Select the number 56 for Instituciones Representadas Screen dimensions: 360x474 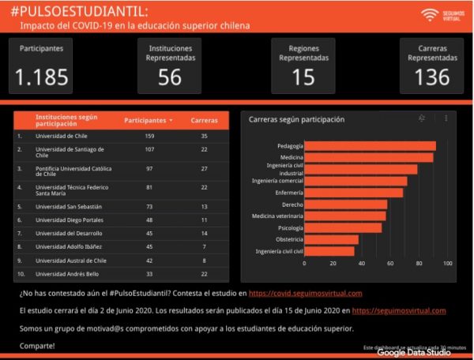click(x=170, y=77)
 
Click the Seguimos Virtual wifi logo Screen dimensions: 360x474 click(x=430, y=14)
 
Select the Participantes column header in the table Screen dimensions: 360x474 click(x=146, y=120)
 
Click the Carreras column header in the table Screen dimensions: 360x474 click(x=204, y=120)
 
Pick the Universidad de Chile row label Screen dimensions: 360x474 click(x=61, y=136)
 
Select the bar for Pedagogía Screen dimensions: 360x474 click(x=370, y=145)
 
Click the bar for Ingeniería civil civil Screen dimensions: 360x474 click(x=329, y=251)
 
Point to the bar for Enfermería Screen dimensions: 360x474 click(x=353, y=192)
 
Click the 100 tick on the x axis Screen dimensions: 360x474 click(x=448, y=264)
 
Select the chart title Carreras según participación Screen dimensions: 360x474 click(x=296, y=120)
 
